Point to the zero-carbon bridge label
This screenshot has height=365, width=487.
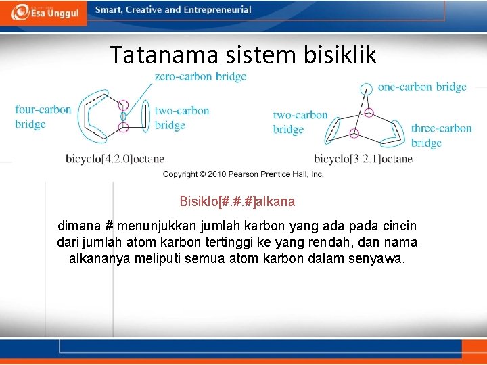pyautogui.click(x=200, y=76)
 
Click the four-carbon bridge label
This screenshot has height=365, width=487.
pyautogui.click(x=43, y=117)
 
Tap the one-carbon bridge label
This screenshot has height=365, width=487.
pyautogui.click(x=422, y=87)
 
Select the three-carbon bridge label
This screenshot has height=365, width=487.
pyautogui.click(x=441, y=135)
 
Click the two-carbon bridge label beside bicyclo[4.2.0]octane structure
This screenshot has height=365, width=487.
pyautogui.click(x=181, y=118)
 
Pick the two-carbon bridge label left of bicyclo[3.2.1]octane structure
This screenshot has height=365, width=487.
pyautogui.click(x=300, y=122)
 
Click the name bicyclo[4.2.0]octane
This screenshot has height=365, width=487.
pyautogui.click(x=115, y=159)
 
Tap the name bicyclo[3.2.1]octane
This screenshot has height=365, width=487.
pyautogui.click(x=363, y=159)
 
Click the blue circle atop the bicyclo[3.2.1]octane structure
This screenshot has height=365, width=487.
pyautogui.click(x=366, y=88)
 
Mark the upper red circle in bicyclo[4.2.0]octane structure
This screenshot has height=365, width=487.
pyautogui.click(x=124, y=105)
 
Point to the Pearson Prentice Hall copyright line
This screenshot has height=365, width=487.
pyautogui.click(x=243, y=174)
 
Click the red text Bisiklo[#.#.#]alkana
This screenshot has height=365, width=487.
pyautogui.click(x=237, y=201)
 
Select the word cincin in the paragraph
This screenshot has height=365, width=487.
pyautogui.click(x=398, y=226)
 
